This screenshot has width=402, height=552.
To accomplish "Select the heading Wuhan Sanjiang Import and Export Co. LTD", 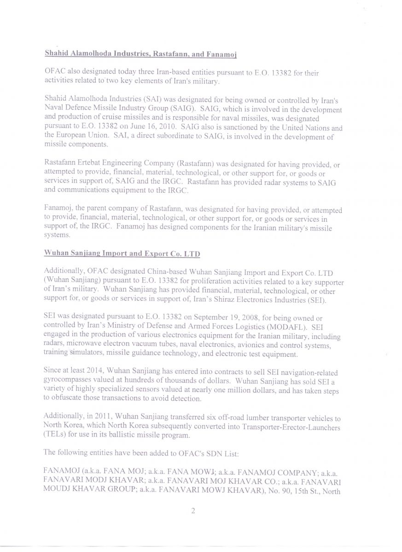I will pos(122,253).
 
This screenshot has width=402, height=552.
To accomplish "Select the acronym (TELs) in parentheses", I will pos(55,435).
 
